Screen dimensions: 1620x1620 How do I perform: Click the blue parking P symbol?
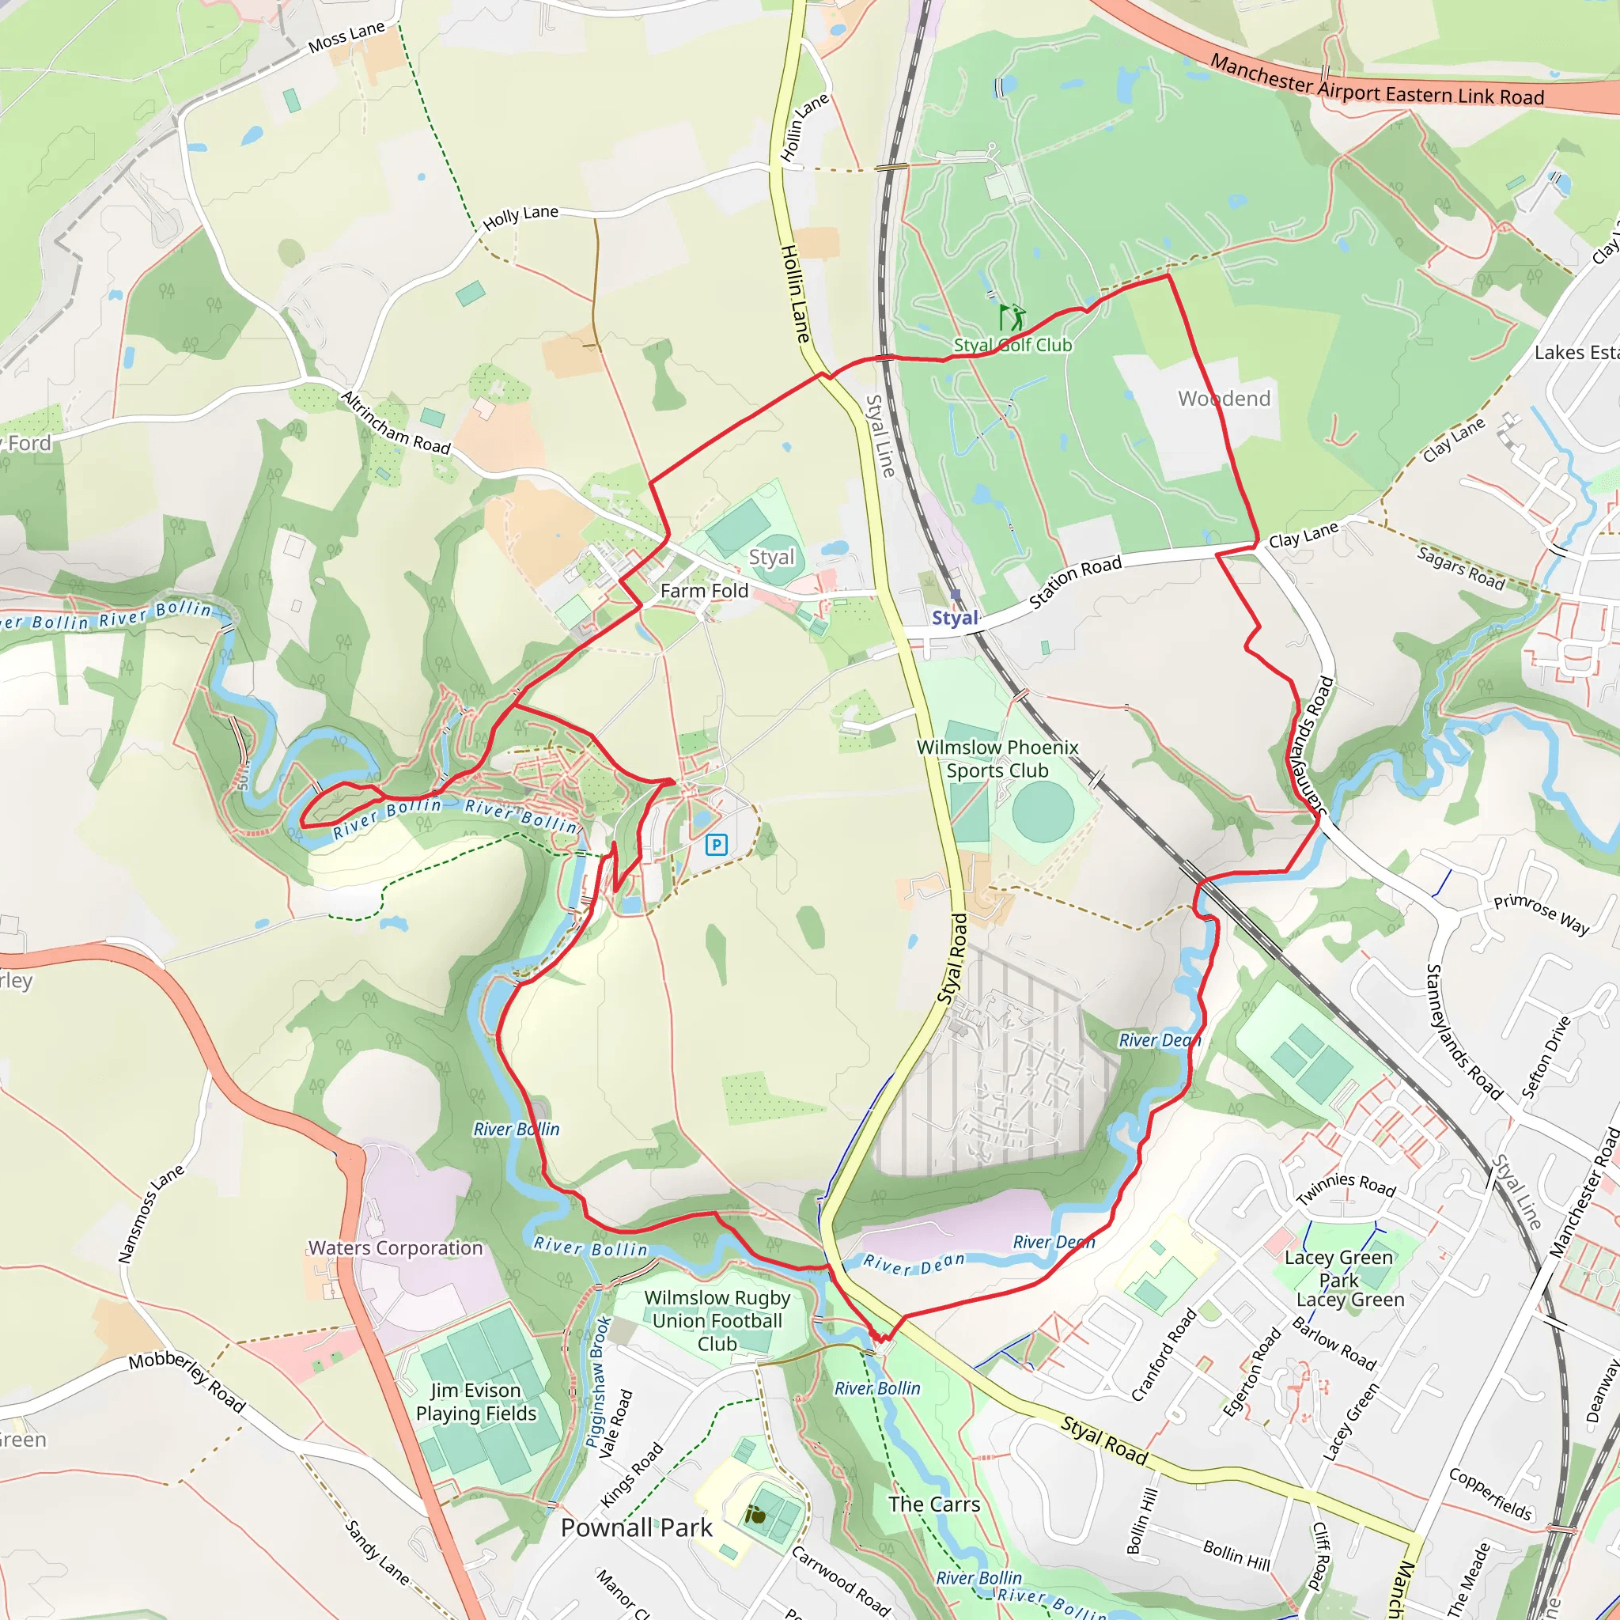point(716,844)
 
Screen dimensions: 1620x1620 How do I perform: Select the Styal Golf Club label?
point(1013,345)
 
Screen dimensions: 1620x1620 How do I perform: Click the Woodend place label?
point(1224,399)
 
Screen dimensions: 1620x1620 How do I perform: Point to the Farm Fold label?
point(704,591)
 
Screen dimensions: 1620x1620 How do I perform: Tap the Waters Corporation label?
point(396,1247)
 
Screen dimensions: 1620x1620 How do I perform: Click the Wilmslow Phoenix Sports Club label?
point(997,759)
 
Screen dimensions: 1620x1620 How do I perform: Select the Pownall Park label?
point(637,1527)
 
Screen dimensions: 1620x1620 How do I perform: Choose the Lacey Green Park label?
point(1339,1269)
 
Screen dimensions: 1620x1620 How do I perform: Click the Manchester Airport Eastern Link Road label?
point(1377,81)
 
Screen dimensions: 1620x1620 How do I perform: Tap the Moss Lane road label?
point(346,36)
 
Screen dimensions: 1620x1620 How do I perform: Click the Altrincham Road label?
point(396,422)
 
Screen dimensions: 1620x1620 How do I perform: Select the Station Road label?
point(1075,582)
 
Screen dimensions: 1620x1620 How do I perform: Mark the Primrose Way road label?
point(1541,913)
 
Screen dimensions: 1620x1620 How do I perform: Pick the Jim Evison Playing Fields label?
point(475,1402)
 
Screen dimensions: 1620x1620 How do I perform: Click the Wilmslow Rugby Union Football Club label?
point(717,1321)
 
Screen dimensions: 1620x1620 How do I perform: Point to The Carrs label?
point(934,1505)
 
